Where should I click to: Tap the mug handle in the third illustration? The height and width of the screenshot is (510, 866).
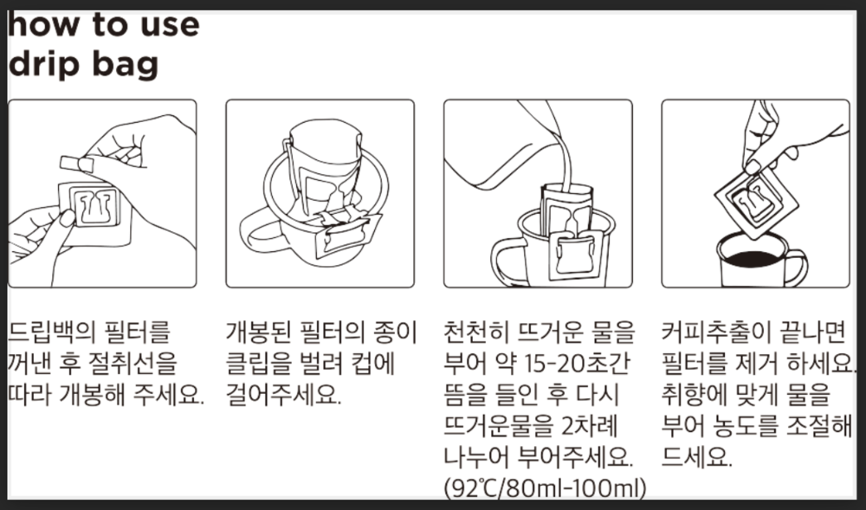(x=506, y=261)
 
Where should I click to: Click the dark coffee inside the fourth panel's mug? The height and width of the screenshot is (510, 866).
(x=751, y=259)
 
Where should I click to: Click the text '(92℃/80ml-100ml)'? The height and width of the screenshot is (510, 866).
(x=545, y=488)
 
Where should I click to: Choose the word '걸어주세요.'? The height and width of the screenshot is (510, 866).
(x=284, y=394)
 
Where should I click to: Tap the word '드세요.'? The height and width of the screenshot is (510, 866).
(x=696, y=456)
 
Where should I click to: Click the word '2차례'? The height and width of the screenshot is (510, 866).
(x=589, y=425)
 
